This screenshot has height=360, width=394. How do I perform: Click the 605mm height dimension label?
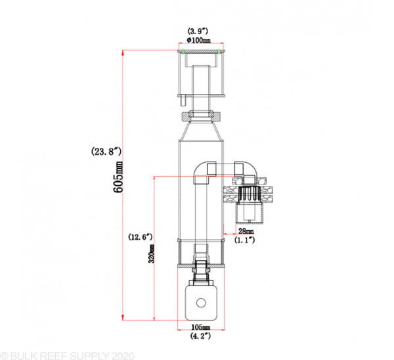pos(118,177)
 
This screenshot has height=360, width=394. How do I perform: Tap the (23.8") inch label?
pos(106,152)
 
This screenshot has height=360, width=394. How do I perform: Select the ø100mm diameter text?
pos(199,40)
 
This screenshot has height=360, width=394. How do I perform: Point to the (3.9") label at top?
pos(198,31)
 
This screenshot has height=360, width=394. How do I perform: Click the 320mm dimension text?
pos(151,254)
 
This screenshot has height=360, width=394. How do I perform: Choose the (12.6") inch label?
pos(141,236)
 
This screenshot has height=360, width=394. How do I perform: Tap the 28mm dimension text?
pos(246,231)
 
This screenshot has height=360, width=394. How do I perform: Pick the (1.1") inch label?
pos(245,240)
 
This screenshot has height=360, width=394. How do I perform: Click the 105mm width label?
pos(201,327)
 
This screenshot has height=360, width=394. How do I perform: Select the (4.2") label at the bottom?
pos(200,336)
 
